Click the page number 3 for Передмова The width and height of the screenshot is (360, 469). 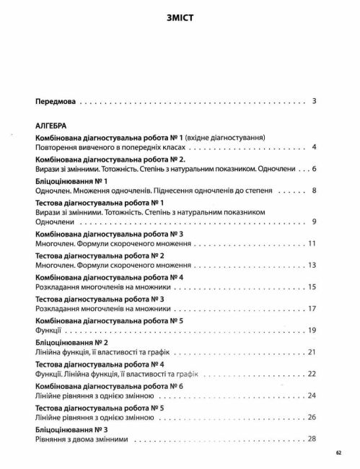[315, 101]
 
